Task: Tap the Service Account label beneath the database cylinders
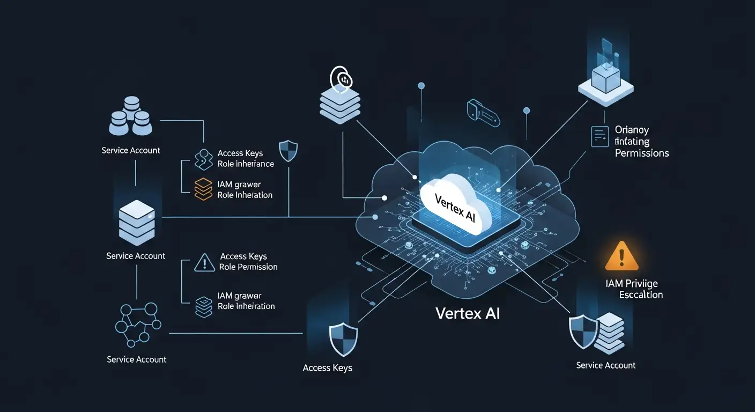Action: [x=131, y=150]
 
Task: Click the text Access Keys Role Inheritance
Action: [x=246, y=159]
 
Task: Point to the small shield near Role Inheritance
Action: [x=288, y=151]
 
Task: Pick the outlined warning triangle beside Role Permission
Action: [x=204, y=262]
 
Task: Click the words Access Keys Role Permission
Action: [x=248, y=262]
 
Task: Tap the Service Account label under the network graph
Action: [x=137, y=359]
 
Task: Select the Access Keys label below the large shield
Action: [x=327, y=368]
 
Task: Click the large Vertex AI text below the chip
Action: [x=468, y=313]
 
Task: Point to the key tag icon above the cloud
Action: [x=483, y=113]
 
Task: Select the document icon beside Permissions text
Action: [x=599, y=136]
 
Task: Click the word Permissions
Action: [x=642, y=153]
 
